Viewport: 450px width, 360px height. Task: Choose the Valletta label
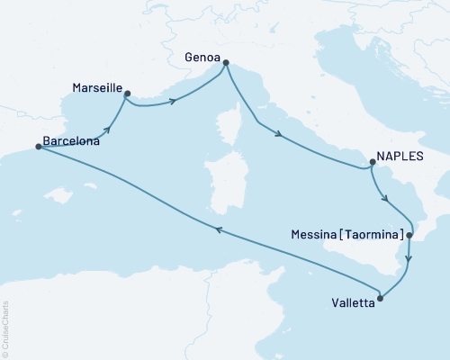[346, 303]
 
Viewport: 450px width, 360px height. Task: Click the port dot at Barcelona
[38, 147]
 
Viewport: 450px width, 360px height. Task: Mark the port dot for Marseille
[127, 93]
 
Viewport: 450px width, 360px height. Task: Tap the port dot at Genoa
[225, 63]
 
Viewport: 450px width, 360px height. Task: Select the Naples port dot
[371, 163]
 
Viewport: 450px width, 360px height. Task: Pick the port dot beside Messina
[409, 236]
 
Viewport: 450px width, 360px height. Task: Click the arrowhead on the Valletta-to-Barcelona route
[217, 231]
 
